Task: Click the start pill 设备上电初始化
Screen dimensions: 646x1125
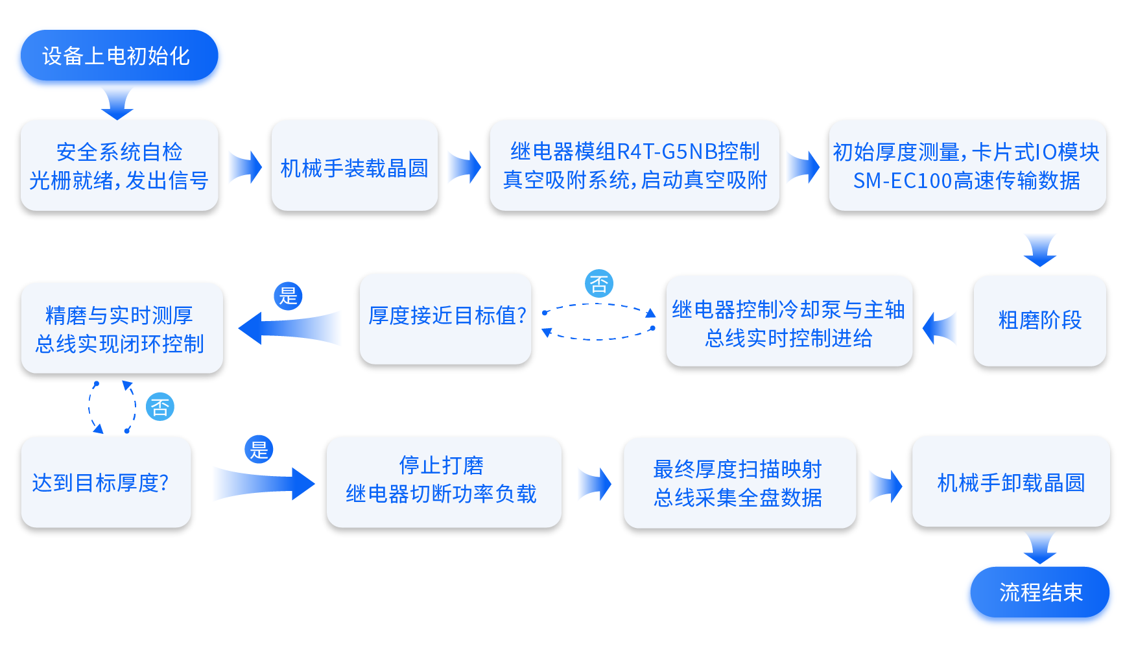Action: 119,56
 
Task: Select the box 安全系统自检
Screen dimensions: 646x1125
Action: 119,165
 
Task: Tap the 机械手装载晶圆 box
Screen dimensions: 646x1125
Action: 354,167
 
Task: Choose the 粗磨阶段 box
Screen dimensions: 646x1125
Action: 1039,320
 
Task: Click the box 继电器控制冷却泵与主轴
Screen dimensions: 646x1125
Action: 788,322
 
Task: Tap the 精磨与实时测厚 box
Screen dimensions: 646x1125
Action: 121,328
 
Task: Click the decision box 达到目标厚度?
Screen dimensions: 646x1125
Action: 106,483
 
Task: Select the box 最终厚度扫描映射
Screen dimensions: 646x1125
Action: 739,483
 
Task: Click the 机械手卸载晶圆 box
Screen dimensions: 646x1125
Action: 1010,482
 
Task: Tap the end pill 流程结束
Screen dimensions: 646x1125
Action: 1039,592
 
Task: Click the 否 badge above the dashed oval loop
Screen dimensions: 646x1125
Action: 598,283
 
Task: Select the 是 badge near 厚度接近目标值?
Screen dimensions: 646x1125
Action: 288,296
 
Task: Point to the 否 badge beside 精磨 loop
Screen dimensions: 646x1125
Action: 160,407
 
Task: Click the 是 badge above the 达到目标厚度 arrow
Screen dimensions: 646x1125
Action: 259,449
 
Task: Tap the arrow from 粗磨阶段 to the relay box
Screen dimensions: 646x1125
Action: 940,328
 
